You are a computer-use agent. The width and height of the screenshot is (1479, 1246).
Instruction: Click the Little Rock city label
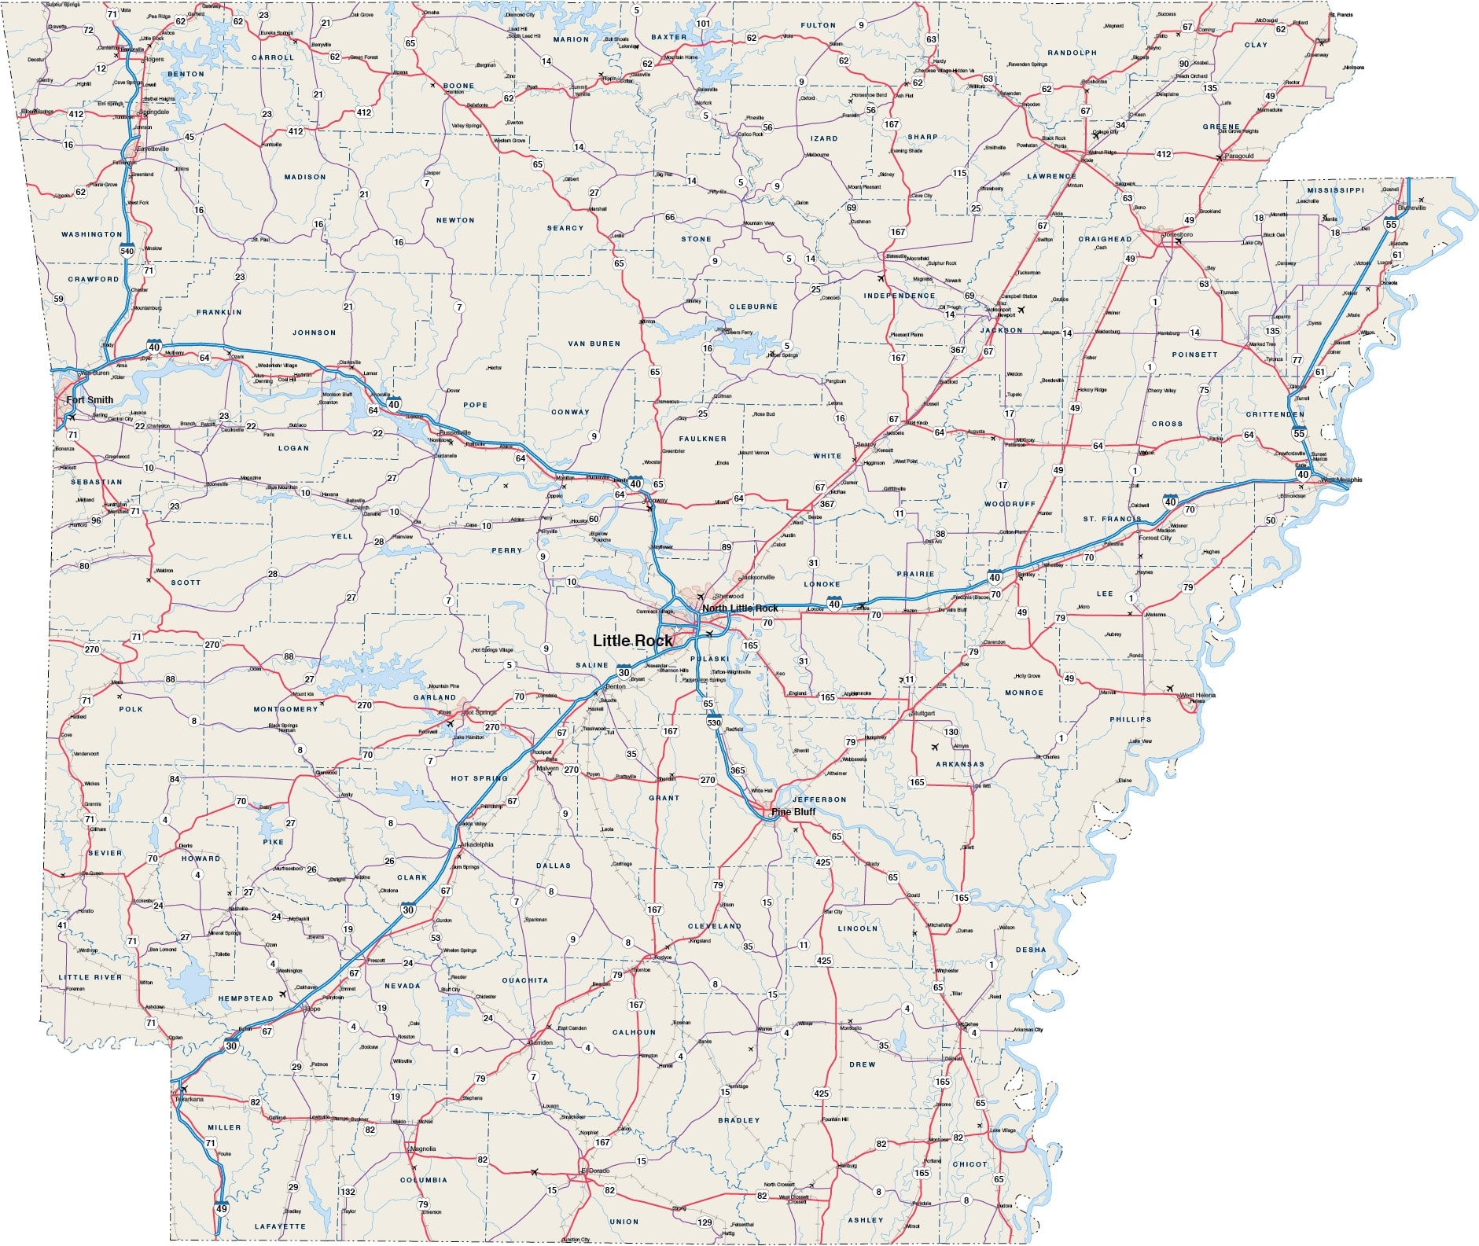pos(633,641)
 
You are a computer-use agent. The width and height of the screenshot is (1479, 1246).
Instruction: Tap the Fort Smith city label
pos(90,400)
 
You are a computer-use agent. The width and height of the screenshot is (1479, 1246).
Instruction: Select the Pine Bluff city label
pos(793,812)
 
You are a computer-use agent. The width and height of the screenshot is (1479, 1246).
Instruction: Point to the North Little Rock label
pos(740,608)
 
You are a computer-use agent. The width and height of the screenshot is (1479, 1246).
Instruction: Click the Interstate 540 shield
pos(127,251)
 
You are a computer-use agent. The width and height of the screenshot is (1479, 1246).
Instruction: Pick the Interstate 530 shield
pos(714,722)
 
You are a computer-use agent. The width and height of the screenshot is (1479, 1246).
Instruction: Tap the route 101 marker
pos(703,24)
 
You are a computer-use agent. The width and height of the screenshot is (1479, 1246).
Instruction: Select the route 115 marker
pos(959,173)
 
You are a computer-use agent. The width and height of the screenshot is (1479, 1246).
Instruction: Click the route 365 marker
pos(738,770)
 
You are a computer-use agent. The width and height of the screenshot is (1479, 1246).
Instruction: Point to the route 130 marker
pos(951,732)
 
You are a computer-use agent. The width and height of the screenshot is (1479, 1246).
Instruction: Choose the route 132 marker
pos(348,1192)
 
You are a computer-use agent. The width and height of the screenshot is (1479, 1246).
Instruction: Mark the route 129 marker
pos(705,1222)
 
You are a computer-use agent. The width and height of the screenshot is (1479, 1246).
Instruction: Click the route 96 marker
pos(96,520)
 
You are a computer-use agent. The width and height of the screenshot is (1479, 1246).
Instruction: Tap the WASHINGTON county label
pos(92,234)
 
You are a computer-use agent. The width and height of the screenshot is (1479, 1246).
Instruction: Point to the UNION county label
pos(624,1222)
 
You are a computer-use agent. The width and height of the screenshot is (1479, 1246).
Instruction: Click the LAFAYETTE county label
pos(280,1226)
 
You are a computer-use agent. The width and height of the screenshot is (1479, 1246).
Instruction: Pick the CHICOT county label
pos(969,1164)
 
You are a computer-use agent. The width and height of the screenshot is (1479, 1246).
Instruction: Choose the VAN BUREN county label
pos(594,344)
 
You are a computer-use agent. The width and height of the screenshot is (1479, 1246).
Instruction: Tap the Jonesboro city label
pos(1177,234)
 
